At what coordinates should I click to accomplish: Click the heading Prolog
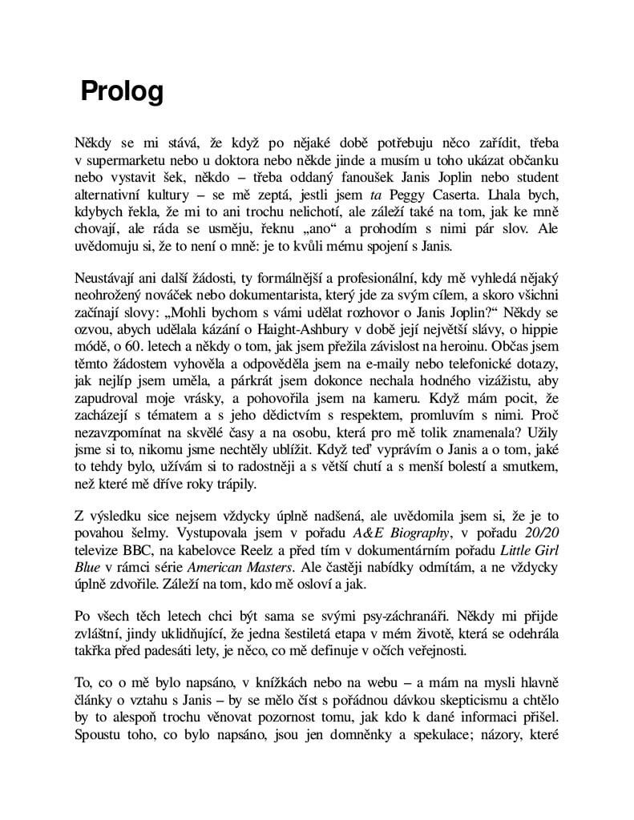tap(122, 92)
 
